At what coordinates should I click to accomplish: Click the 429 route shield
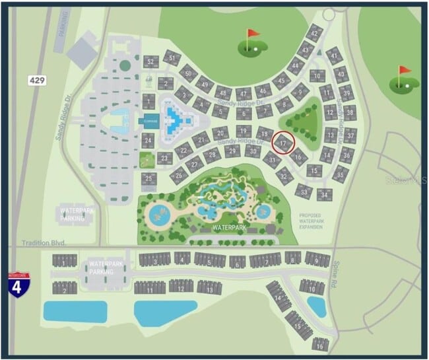(37, 80)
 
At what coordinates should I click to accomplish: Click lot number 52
(151, 62)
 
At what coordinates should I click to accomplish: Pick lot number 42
(315, 34)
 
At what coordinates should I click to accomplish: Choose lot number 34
(323, 195)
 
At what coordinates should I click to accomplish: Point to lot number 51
(172, 57)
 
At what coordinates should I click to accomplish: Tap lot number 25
(149, 178)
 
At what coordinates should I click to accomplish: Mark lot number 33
(303, 191)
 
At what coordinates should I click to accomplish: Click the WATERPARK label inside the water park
(229, 227)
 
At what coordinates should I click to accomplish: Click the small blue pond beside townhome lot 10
(317, 306)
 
